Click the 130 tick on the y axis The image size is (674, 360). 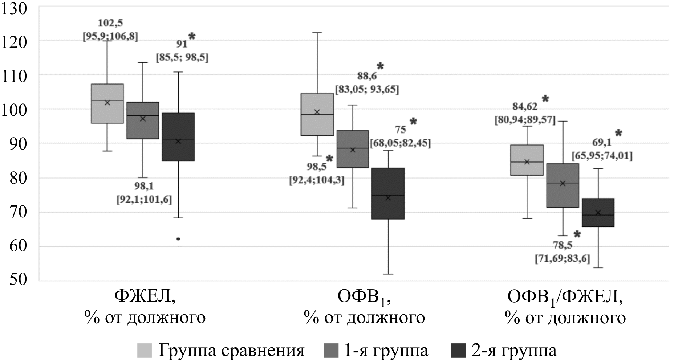[x=15, y=8]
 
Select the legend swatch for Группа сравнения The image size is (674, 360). [x=144, y=351]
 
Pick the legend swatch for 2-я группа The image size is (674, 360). [x=458, y=351]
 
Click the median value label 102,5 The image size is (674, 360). [x=110, y=23]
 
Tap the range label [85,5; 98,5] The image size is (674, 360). [x=182, y=58]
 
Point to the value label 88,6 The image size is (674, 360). [x=367, y=76]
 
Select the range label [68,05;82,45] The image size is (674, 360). [x=400, y=143]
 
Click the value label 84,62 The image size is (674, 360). [x=525, y=106]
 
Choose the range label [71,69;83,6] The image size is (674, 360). [x=562, y=259]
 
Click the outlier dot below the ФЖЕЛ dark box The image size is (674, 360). [x=178, y=239]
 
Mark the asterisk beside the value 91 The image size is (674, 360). [x=192, y=37]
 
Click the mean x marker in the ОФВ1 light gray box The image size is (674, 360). [x=317, y=112]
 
